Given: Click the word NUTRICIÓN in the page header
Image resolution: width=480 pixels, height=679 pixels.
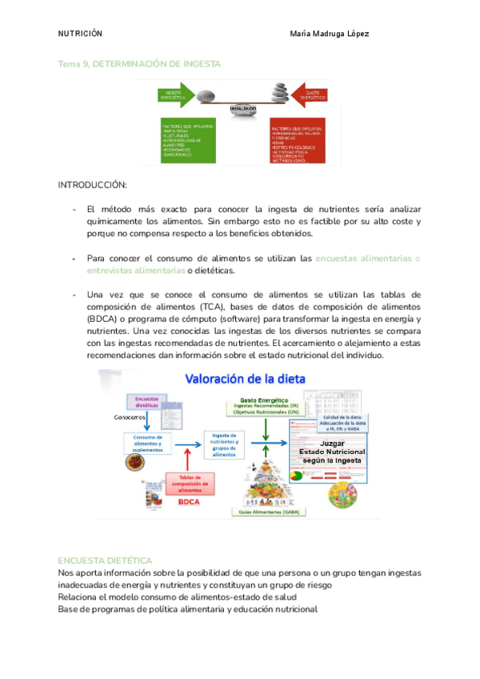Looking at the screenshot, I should (x=80, y=34).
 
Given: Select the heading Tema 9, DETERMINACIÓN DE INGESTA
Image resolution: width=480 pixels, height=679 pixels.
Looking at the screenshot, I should (x=139, y=63).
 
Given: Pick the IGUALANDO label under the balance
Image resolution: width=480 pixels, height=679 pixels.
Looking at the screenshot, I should (x=242, y=109).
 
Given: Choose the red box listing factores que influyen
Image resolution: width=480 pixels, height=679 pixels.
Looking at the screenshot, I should (x=296, y=143).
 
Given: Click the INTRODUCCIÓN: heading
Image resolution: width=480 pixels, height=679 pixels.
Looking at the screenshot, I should (x=92, y=185).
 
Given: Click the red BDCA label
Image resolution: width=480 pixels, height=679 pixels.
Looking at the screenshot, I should (x=190, y=502).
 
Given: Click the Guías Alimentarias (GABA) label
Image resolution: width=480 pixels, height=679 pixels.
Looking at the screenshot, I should (x=265, y=510).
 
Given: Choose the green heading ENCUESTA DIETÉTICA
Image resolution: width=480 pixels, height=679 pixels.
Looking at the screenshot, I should (x=105, y=560).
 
